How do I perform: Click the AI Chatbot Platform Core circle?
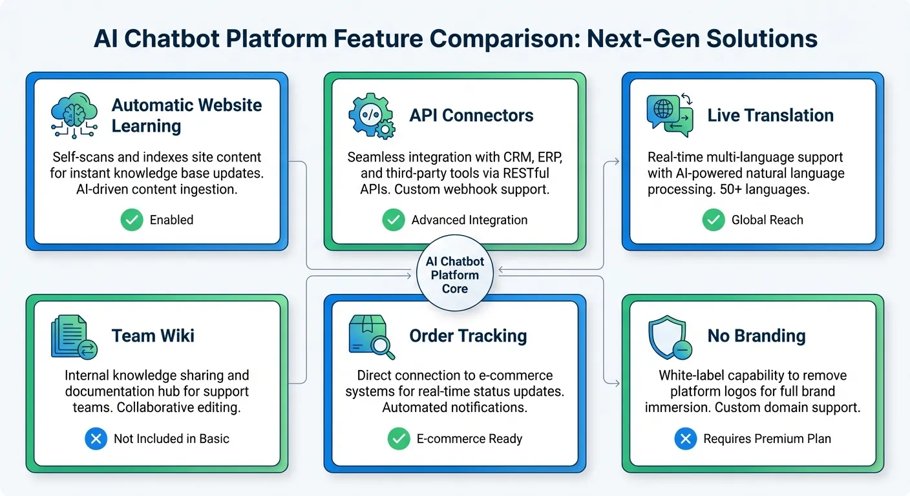pos(454,274)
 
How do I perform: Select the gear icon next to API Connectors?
pos(372,116)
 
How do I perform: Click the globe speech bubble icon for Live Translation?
pos(670,115)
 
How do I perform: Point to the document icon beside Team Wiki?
pos(73,336)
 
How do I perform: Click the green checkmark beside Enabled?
pos(132,220)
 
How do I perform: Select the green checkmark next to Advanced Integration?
pos(393,220)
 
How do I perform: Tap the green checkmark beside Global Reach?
pos(714,220)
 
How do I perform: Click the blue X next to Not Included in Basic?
pos(96,439)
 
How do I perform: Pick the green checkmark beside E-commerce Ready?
pos(398,439)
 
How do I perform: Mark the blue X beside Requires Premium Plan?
pos(685,439)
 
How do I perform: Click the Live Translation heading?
pos(770,116)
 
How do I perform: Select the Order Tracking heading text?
pos(468,336)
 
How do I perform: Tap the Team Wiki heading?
pos(153,336)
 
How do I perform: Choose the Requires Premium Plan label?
pos(767,439)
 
